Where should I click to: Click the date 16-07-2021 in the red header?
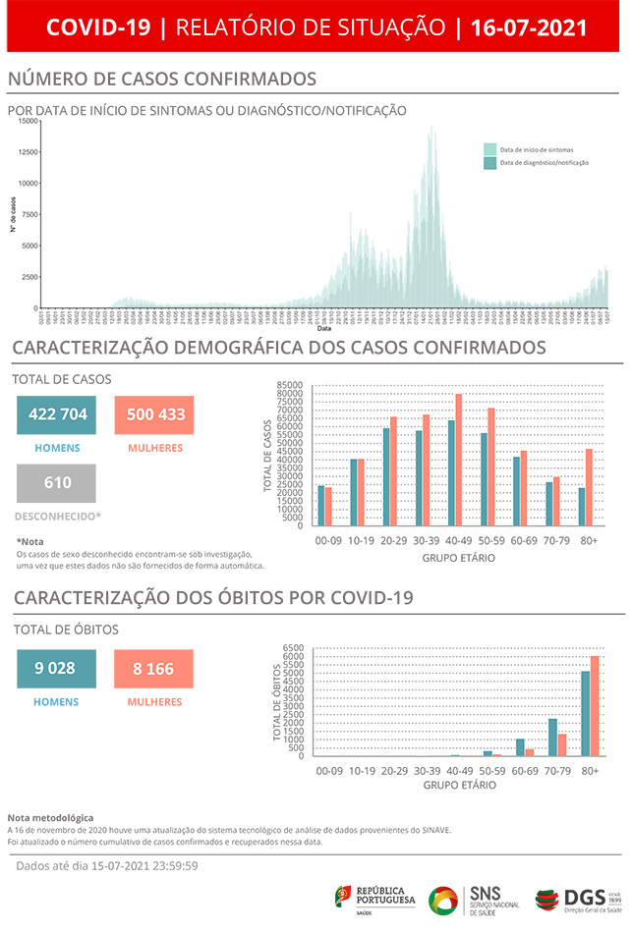point(529,27)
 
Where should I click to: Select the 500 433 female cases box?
point(154,414)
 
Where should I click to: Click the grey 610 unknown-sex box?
point(56,483)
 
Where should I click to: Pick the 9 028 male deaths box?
point(56,669)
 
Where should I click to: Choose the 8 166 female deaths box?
point(154,669)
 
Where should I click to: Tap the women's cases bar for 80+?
point(589,487)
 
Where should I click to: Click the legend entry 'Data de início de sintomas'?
point(537,149)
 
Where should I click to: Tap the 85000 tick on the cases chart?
point(291,385)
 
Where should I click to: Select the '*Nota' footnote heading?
point(30,541)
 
